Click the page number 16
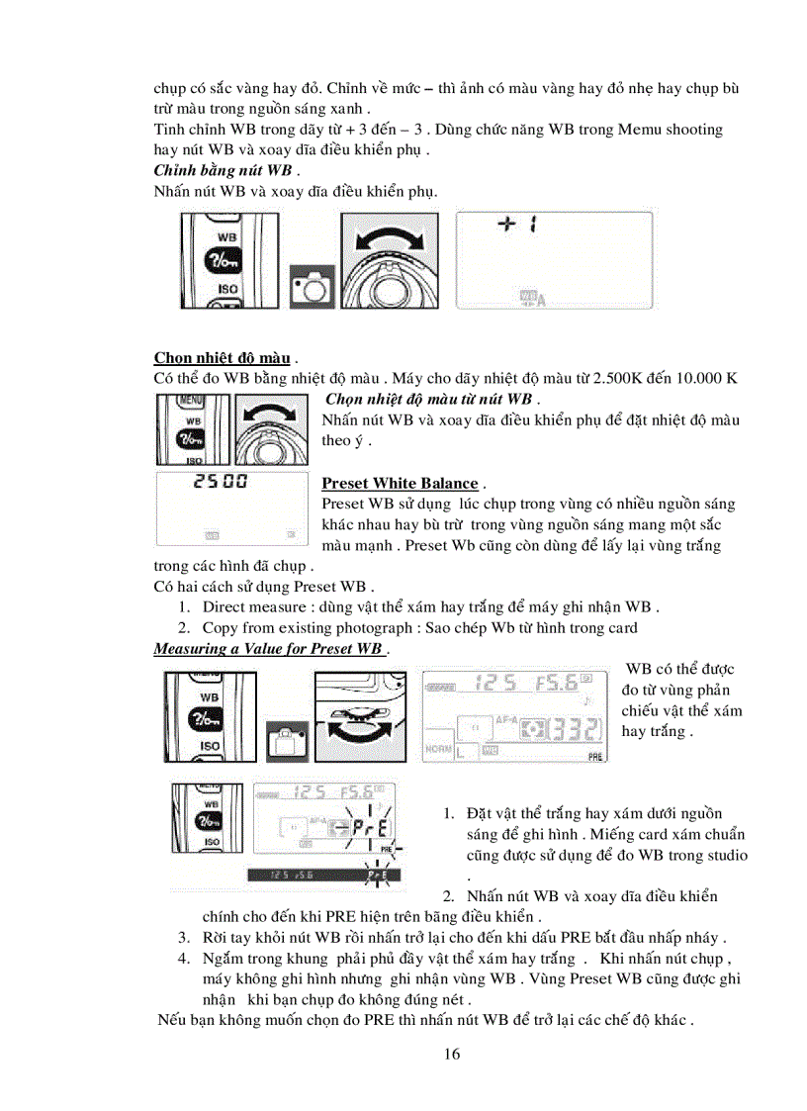452,1054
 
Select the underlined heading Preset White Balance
400,483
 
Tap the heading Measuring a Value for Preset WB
268,648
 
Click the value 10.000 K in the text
698,378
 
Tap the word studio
725,855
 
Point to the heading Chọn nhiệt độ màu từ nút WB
428,399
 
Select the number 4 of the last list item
184,958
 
